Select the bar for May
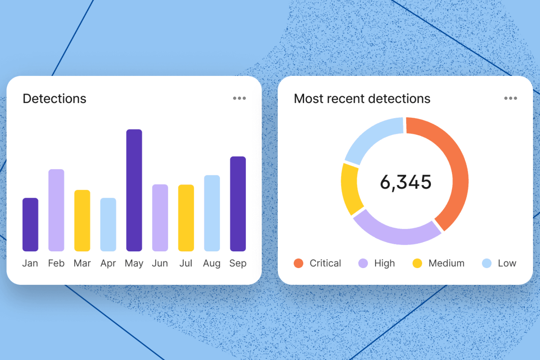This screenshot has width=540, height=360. pos(134,190)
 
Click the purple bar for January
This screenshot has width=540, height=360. pos(30,224)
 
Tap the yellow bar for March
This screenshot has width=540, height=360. pos(82,220)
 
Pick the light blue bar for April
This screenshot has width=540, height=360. pos(108,224)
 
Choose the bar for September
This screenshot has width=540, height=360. pos(238,204)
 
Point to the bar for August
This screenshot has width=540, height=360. pos(212,213)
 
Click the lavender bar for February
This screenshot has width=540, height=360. pos(56,210)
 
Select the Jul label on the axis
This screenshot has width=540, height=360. pos(186,263)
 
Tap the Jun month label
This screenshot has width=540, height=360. pos(160,263)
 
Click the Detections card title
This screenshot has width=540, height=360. pos(54,98)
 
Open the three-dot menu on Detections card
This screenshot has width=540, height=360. pos(239,98)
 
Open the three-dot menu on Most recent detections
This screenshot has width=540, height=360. pos(510,98)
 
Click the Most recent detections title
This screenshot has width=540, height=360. pos(362,98)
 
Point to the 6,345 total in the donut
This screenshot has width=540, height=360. pos(405,182)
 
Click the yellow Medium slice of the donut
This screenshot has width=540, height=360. pos(350,188)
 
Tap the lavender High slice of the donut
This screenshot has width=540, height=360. pos(396,233)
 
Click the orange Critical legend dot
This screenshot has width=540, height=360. pos(298,263)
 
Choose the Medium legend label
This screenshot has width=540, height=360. pos(446,263)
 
